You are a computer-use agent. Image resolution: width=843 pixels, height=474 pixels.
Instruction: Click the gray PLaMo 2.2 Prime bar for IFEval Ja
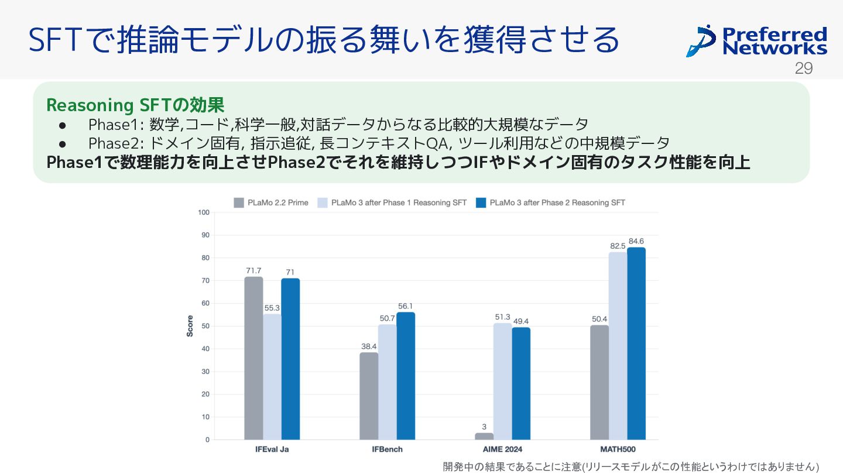[253, 358]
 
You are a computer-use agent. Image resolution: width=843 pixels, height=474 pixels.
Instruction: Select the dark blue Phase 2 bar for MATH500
[636, 344]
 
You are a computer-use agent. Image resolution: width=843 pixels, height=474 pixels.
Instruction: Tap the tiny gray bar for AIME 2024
[484, 437]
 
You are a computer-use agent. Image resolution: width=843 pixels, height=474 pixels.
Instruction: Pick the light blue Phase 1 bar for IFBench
[387, 382]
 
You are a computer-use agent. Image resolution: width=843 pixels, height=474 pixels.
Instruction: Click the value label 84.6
[636, 241]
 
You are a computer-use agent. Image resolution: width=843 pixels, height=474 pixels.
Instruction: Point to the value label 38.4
[369, 346]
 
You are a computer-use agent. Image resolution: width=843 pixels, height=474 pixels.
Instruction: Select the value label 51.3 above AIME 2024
[502, 317]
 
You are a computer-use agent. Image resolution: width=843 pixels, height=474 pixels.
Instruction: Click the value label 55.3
[272, 308]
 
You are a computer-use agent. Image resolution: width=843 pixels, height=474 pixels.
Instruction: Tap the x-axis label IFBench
[387, 449]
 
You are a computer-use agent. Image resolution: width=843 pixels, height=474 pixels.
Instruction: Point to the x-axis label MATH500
[618, 449]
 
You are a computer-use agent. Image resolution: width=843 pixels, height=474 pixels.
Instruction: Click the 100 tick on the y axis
[203, 212]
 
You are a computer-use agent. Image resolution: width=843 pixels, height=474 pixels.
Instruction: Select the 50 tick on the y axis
[205, 326]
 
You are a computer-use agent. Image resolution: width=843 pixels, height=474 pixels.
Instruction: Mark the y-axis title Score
[190, 326]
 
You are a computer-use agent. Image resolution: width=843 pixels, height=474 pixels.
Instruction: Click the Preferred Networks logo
[756, 40]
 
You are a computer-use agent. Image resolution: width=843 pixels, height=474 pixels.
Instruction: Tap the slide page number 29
[804, 68]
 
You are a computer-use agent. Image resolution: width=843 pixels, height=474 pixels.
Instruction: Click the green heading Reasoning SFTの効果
[135, 105]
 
